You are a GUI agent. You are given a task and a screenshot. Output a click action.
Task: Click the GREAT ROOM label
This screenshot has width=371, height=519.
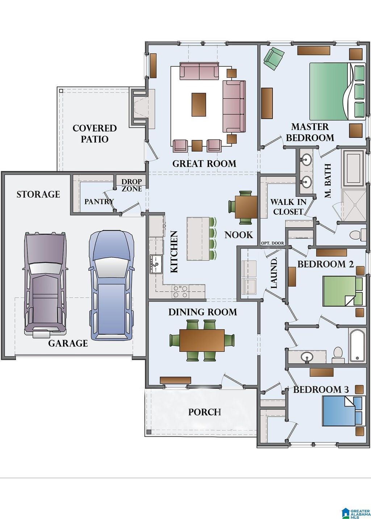[204, 164]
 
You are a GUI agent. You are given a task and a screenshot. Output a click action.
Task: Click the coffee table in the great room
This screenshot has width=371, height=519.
[199, 105]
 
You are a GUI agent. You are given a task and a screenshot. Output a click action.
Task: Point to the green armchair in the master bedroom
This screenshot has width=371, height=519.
[274, 58]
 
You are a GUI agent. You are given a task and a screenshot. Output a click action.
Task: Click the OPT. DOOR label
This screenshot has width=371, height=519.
[272, 243]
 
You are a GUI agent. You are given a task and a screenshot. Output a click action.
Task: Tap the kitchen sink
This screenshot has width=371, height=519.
[156, 264]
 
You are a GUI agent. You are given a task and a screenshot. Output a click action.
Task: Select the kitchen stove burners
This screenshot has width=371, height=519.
[180, 291]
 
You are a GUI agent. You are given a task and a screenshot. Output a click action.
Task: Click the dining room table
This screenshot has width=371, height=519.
[202, 340]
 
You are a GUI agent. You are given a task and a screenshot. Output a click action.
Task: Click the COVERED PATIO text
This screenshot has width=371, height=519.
[95, 134]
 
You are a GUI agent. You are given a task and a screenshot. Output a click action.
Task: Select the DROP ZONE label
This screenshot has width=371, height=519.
[132, 185]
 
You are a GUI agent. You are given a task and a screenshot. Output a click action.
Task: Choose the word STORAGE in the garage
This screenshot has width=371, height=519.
[38, 194]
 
